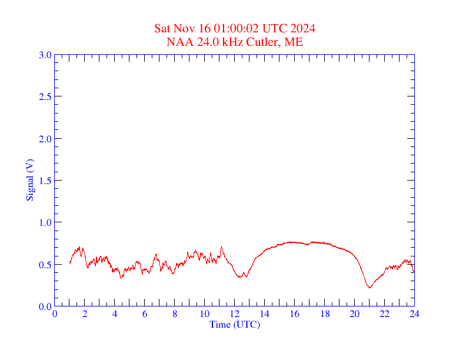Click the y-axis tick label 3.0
click(45, 55)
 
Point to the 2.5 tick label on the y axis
click(45, 96)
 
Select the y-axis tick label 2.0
click(45, 139)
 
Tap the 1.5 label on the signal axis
click(45, 181)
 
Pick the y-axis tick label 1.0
click(45, 222)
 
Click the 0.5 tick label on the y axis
click(45, 265)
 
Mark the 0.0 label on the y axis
click(45, 306)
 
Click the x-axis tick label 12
click(235, 315)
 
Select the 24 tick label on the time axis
click(414, 315)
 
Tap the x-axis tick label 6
click(145, 315)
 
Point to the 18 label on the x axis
click(325, 315)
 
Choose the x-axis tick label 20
click(355, 315)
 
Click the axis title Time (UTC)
click(235, 324)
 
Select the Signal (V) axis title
click(30, 180)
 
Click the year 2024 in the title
click(302, 28)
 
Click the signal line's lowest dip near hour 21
click(370, 287)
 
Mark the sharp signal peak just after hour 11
click(221, 247)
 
